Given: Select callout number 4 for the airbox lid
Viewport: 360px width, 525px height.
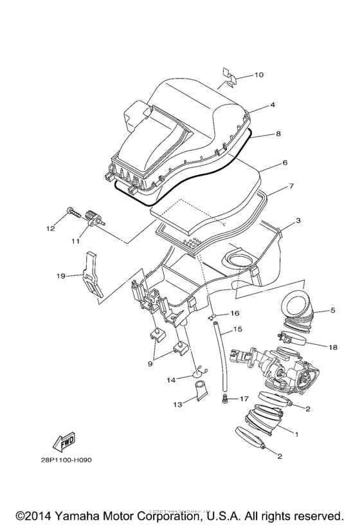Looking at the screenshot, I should (x=273, y=104).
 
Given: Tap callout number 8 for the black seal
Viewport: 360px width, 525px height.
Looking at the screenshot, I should (x=278, y=134).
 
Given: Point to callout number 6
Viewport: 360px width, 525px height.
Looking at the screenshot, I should (x=283, y=163).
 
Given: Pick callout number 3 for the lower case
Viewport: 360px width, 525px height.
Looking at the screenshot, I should (x=298, y=221).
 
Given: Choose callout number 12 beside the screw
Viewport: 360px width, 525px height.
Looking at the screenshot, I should (x=49, y=228).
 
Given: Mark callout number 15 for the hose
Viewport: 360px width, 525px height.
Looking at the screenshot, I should (x=237, y=329).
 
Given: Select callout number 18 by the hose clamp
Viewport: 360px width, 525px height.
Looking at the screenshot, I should (x=332, y=347).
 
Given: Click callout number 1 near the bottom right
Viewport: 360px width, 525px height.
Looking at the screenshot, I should (x=296, y=434).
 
